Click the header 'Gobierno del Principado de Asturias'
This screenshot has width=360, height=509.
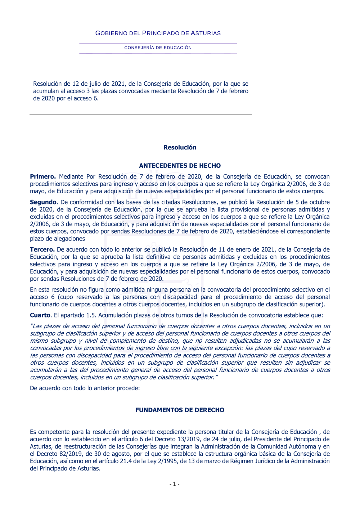(x=158, y=33)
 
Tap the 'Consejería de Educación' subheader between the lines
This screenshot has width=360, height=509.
(x=158, y=48)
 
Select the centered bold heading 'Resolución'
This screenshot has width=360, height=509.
(x=180, y=147)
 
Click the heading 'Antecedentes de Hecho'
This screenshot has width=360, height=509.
(x=180, y=166)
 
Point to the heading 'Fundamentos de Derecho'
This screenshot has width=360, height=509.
(x=180, y=410)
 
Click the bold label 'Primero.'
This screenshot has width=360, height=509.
(x=43, y=176)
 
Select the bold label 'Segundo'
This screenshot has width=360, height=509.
(x=43, y=202)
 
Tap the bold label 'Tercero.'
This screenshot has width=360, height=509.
(x=42, y=249)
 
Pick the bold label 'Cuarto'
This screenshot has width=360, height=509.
(x=40, y=315)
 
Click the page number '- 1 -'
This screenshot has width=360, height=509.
(x=175, y=484)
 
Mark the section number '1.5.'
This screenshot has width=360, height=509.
(x=91, y=315)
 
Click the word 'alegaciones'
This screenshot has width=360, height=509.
(x=69, y=239)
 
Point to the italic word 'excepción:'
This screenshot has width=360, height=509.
(x=229, y=348)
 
